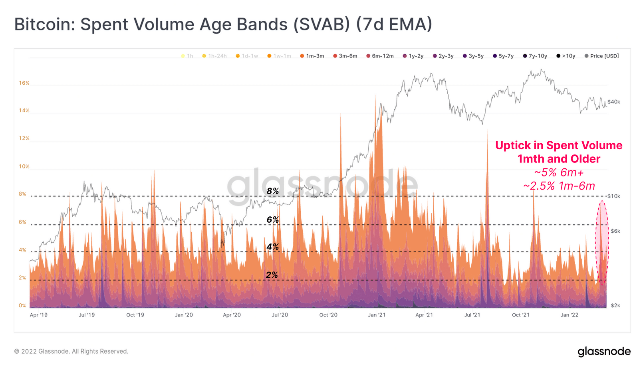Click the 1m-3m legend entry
tap(312, 56)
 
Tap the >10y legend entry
tap(566, 56)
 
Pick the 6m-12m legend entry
tap(380, 56)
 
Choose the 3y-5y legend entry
tap(473, 56)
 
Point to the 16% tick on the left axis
tap(24, 83)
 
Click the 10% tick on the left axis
tap(24, 166)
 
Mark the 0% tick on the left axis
tap(23, 306)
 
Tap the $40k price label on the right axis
tap(614, 102)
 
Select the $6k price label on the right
tap(615, 231)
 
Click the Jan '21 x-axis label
tap(377, 315)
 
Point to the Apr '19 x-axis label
tap(39, 315)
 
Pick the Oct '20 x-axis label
tap(328, 315)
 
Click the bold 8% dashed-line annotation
tap(273, 191)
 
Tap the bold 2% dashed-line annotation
tap(272, 275)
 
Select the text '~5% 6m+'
tap(559, 172)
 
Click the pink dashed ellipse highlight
tap(602, 243)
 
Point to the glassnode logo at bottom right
tap(604, 352)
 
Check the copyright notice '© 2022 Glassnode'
tap(71, 351)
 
